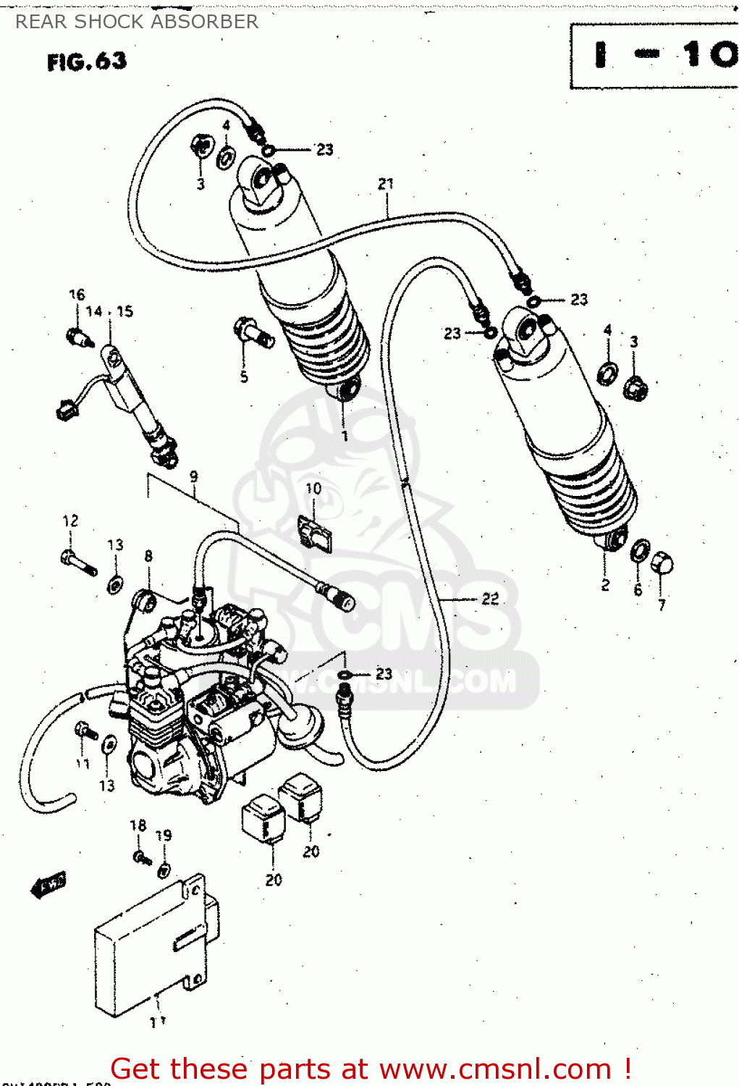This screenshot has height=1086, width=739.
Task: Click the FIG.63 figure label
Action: [x=87, y=62]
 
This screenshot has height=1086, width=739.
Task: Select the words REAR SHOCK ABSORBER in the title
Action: [x=137, y=22]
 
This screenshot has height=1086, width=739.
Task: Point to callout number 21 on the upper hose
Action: [x=386, y=184]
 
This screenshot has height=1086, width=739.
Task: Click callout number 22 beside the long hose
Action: [x=490, y=598]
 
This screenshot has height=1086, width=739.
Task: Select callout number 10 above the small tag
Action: [x=313, y=489]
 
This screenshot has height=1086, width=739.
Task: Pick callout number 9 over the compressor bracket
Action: [x=194, y=476]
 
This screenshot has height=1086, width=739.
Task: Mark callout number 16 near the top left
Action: [x=77, y=295]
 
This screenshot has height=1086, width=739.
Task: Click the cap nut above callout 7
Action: [x=662, y=563]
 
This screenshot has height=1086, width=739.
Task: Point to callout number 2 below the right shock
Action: [x=605, y=585]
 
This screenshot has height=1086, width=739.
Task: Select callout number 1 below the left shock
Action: [x=345, y=436]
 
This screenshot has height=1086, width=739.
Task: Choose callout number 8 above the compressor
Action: [x=148, y=556]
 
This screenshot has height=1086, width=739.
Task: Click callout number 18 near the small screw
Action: [x=138, y=825]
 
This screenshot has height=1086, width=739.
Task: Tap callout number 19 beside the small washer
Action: [x=164, y=835]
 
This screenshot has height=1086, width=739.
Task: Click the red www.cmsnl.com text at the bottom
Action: [x=495, y=1069]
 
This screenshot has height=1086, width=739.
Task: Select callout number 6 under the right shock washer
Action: [x=638, y=590]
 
